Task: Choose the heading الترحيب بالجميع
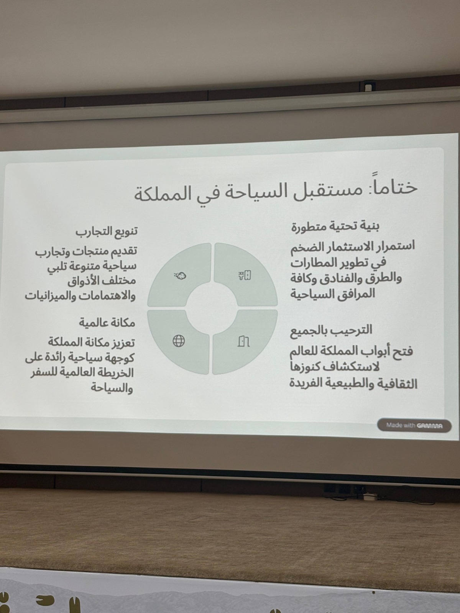click(x=331, y=330)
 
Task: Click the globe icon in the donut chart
click(x=179, y=341)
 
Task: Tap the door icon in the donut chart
click(x=243, y=341)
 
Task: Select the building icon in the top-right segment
click(x=245, y=275)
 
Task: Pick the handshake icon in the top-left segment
click(x=180, y=276)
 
